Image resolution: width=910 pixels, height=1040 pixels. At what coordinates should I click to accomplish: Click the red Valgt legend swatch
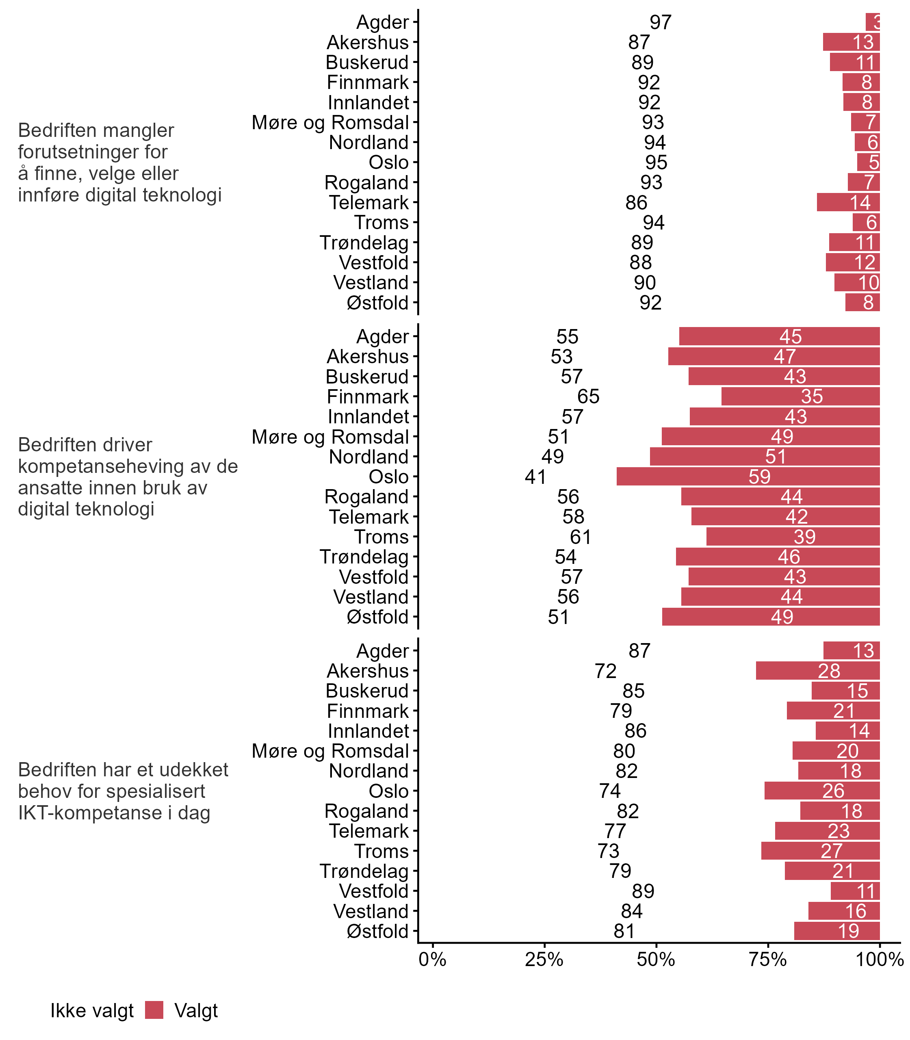154,1010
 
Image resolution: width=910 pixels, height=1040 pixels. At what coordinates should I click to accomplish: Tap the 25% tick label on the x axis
544,959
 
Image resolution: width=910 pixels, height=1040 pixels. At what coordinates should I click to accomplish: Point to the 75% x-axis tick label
767,959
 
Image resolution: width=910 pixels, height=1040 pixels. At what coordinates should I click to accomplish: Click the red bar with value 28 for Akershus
817,671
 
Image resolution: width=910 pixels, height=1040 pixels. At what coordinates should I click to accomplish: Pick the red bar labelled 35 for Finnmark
800,396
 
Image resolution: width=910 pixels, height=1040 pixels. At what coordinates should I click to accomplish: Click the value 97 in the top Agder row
660,22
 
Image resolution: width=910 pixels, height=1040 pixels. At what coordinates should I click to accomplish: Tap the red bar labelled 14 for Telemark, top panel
848,203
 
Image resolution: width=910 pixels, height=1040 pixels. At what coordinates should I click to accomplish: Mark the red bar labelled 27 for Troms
820,851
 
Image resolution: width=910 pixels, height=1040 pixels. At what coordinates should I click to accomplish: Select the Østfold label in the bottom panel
377,931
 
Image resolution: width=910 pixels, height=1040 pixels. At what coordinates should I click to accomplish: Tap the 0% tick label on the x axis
432,959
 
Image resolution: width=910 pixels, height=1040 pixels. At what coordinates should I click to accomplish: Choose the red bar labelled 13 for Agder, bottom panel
851,651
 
